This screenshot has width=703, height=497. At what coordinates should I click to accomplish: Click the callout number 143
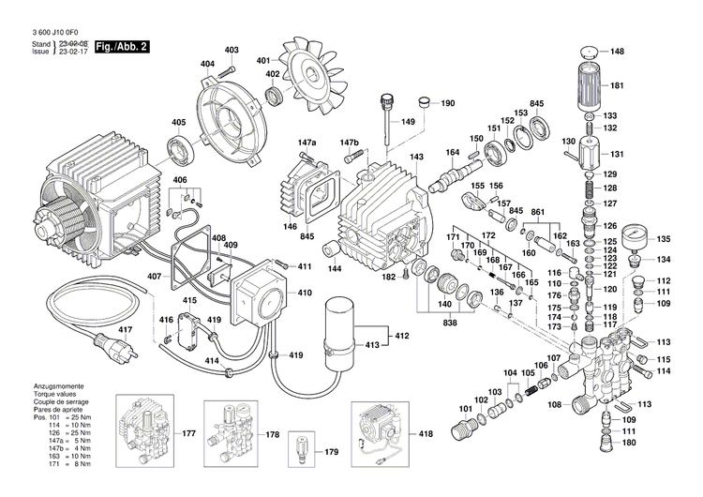tap(416, 157)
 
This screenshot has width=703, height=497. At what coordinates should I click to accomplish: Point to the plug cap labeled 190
tap(422, 100)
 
